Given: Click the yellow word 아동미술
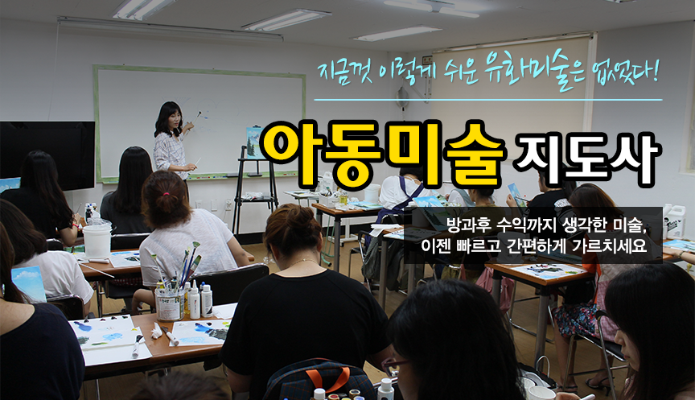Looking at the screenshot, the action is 382,155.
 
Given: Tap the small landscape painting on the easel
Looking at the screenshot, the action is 254,142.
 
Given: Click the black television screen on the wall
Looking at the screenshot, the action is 47,155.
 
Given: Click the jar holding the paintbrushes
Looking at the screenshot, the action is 170,305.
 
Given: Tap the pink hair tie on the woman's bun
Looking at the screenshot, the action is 166,194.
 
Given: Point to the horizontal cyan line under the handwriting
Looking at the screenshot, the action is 488,100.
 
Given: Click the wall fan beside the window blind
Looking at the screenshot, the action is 403,98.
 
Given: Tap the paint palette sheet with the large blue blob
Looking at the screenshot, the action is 103,331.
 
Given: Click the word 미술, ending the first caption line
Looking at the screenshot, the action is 630,225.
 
